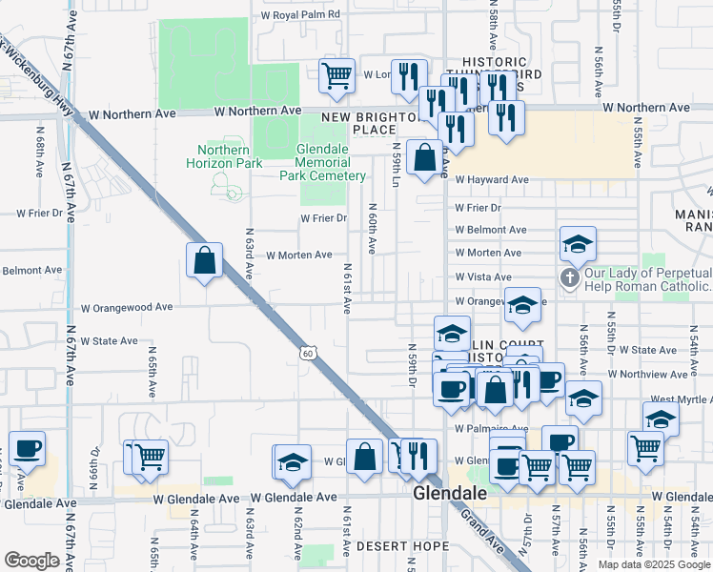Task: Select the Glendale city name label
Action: (x=450, y=494)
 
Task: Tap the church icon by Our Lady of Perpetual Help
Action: (x=569, y=278)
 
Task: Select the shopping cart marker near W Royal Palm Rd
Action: (x=336, y=75)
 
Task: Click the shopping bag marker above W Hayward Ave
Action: (x=423, y=157)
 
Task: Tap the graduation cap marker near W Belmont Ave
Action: (x=578, y=245)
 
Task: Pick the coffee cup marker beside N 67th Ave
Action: (x=27, y=448)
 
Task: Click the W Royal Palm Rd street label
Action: (x=300, y=14)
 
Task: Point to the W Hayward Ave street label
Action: (x=491, y=179)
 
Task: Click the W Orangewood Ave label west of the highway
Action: (x=127, y=308)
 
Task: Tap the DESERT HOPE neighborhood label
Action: (x=401, y=546)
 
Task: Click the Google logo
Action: (x=31, y=560)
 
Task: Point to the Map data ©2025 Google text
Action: (x=653, y=564)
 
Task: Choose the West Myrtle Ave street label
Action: (x=681, y=399)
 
